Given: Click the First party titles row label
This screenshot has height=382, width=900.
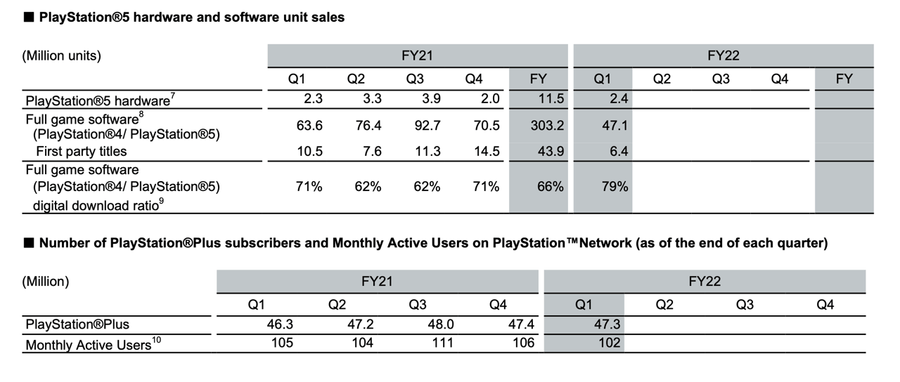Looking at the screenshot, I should (82, 152).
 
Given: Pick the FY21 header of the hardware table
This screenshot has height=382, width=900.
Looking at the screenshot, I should (417, 55).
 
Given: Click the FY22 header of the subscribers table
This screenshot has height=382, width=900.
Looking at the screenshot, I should (704, 282).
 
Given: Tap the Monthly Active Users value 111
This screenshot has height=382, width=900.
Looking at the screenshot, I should (443, 343).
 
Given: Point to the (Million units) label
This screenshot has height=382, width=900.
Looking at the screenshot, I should (62, 56).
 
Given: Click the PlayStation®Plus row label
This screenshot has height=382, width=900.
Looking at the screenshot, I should (77, 325).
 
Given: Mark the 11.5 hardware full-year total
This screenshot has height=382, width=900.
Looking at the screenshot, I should (551, 99).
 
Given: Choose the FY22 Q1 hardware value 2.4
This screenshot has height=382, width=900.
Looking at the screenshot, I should (618, 99).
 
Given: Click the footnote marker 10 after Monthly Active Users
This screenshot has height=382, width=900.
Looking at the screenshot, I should (157, 341).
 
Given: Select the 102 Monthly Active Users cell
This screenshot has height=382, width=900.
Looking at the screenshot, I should (610, 343).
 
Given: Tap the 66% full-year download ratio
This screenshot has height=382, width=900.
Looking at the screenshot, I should (551, 187).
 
